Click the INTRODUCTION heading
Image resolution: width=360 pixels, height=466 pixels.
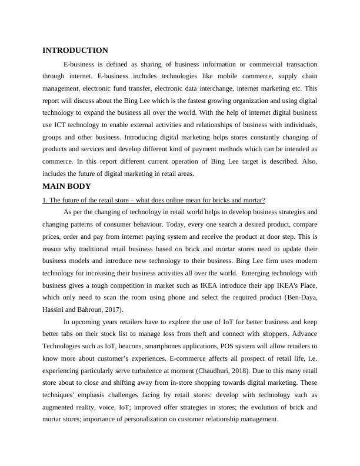[x=75, y=51]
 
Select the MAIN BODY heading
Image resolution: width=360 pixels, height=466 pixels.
[x=66, y=187]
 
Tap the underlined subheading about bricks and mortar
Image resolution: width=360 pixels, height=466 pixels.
[x=154, y=201]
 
